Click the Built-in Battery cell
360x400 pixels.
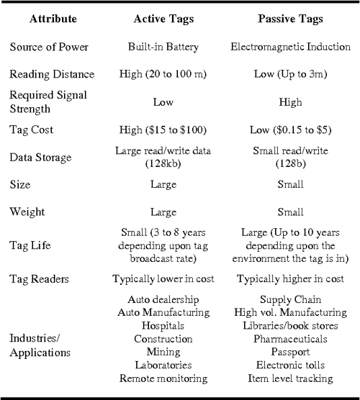coord(163,47)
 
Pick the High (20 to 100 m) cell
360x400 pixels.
coord(163,75)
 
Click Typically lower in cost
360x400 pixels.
coord(163,279)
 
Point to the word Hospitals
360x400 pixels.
coord(163,325)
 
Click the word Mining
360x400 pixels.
coord(163,351)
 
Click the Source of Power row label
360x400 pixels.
coord(49,47)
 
